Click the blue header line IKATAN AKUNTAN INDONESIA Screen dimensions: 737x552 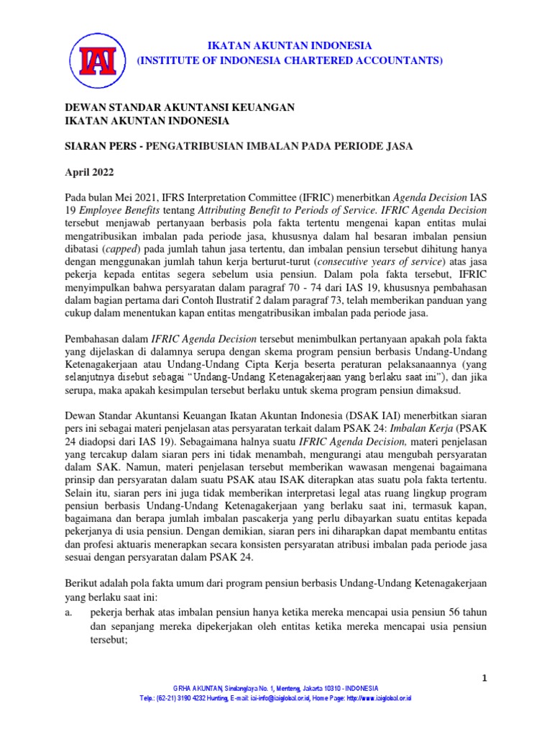click(x=290, y=45)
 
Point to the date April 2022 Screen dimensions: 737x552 click(x=91, y=173)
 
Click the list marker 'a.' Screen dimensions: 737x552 click(x=69, y=612)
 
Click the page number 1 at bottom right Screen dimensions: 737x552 click(x=484, y=679)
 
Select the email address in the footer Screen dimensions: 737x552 click(x=276, y=698)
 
